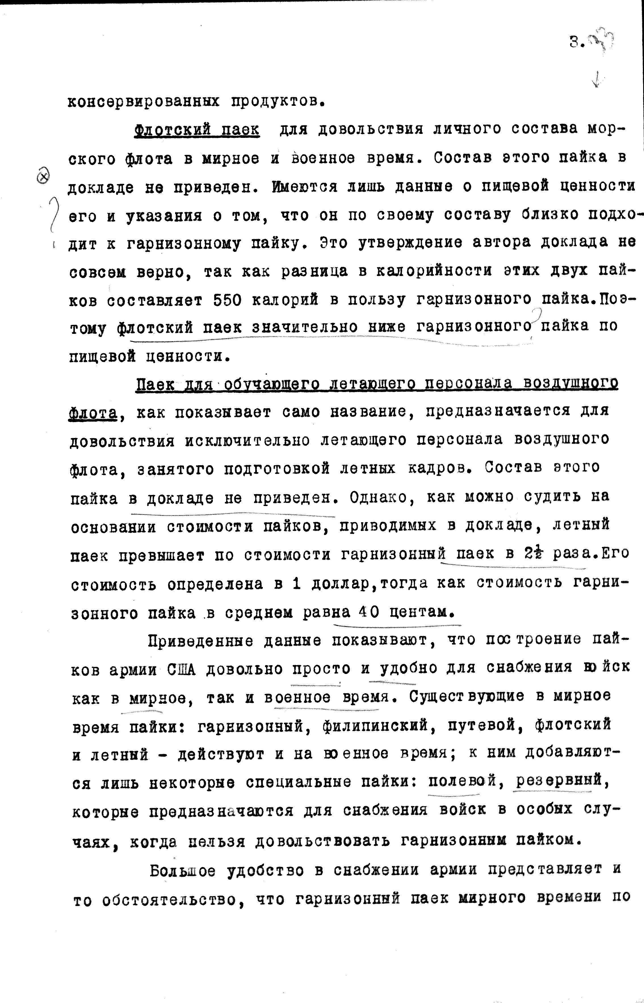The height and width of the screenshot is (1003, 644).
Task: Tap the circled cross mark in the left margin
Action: pyautogui.click(x=43, y=177)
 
